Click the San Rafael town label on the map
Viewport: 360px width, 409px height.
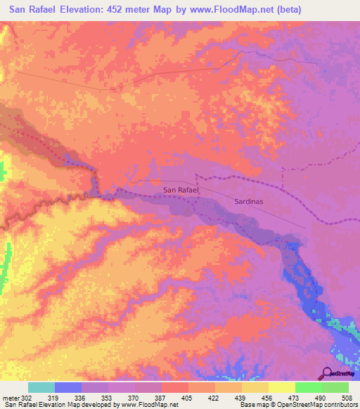click(181, 190)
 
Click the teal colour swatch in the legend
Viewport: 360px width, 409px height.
click(41, 387)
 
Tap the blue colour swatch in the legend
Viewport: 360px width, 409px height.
click(68, 387)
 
